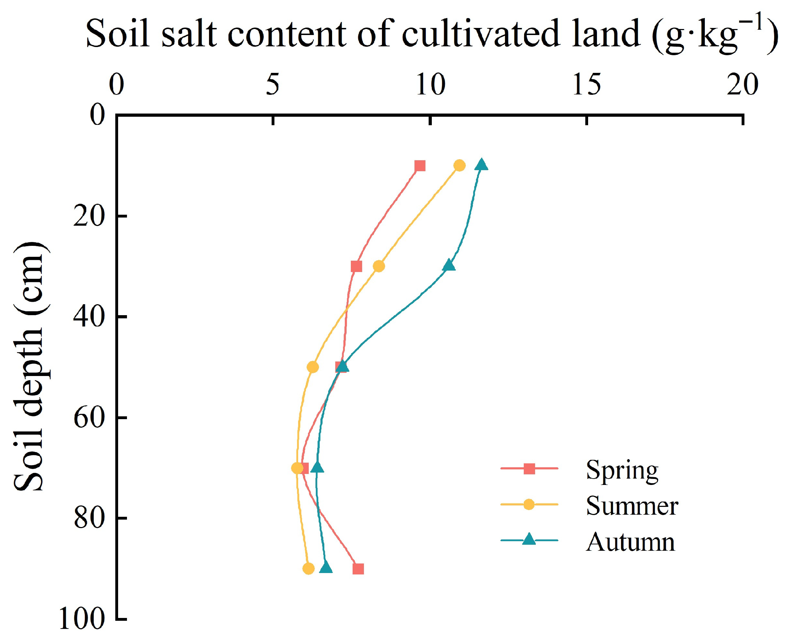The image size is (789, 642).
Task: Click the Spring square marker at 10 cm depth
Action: click(x=420, y=166)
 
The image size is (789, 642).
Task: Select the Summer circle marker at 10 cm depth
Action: click(x=459, y=165)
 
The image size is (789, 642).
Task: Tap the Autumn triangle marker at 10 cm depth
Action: click(x=481, y=164)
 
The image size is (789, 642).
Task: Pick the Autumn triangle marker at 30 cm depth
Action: click(x=449, y=265)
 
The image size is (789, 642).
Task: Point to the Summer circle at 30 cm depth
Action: click(x=379, y=266)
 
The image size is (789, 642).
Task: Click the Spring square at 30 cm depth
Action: click(x=356, y=266)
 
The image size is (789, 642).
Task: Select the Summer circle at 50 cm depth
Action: click(x=313, y=367)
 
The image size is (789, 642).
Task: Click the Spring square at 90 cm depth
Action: click(x=358, y=569)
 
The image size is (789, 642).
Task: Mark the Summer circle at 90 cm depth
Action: click(x=308, y=568)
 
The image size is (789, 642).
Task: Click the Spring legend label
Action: click(x=622, y=470)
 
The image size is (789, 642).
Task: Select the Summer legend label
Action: click(x=632, y=506)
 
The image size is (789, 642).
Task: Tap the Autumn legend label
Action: click(x=630, y=542)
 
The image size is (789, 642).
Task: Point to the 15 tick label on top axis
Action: click(x=586, y=85)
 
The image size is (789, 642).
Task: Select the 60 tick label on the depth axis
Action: click(x=89, y=417)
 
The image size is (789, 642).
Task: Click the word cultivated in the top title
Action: click(x=481, y=34)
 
